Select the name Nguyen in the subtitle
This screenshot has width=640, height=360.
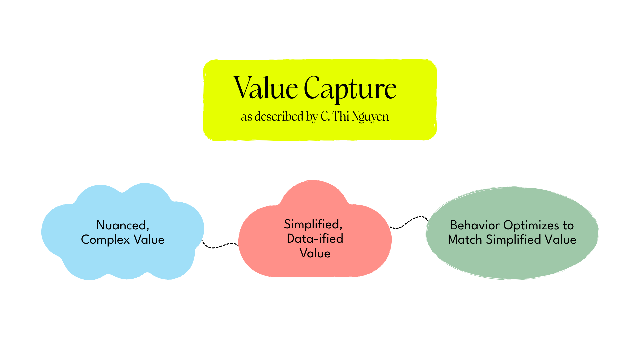point(370,117)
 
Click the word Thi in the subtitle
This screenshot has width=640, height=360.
point(340,116)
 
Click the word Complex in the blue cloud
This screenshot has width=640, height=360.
point(105,240)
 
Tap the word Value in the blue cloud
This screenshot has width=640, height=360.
point(149,240)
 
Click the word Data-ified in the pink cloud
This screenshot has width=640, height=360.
point(315,239)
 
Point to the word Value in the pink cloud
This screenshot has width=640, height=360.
point(315,253)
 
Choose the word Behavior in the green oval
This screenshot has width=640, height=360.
point(475,225)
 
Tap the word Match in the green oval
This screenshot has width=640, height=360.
point(465,240)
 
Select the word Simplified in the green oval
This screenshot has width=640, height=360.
point(513,240)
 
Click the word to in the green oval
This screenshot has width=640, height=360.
point(568,225)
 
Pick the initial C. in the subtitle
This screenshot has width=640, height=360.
point(325,116)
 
